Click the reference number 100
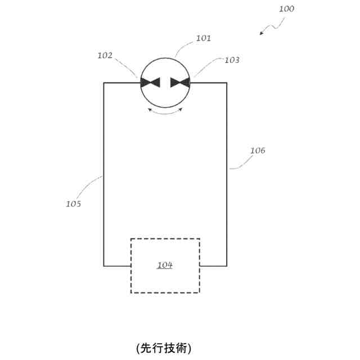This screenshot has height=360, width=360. click(x=286, y=9)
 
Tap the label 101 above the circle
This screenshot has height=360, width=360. click(x=203, y=39)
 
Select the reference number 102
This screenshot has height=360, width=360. click(x=105, y=55)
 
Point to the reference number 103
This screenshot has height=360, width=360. click(x=232, y=59)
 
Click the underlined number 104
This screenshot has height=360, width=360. click(x=165, y=265)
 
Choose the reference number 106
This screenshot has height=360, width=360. click(x=258, y=151)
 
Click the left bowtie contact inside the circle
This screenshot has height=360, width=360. click(x=150, y=83)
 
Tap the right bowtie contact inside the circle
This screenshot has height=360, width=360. click(x=181, y=83)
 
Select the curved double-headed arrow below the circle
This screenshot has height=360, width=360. click(x=165, y=112)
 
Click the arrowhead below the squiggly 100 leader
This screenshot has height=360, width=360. click(x=262, y=33)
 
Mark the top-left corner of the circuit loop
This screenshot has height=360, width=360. click(x=104, y=83)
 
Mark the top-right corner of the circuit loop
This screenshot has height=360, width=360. click(x=227, y=83)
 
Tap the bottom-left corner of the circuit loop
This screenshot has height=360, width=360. click(x=104, y=265)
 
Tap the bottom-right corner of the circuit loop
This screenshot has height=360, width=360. click(x=227, y=265)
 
